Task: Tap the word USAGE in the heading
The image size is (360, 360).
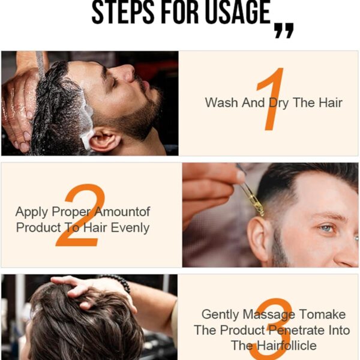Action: pyautogui.click(x=238, y=12)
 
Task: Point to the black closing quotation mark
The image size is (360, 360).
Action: pyautogui.click(x=284, y=31)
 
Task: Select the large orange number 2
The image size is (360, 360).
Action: pyautogui.click(x=80, y=215)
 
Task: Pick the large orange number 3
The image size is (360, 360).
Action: pyautogui.click(x=271, y=329)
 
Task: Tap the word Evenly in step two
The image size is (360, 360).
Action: pyautogui.click(x=130, y=228)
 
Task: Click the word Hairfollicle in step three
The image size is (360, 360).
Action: pyautogui.click(x=287, y=346)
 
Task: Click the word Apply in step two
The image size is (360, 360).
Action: pyautogui.click(x=32, y=212)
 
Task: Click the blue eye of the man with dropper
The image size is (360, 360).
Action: pyautogui.click(x=326, y=228)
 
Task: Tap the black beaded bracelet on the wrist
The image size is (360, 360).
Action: pyautogui.click(x=116, y=282)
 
